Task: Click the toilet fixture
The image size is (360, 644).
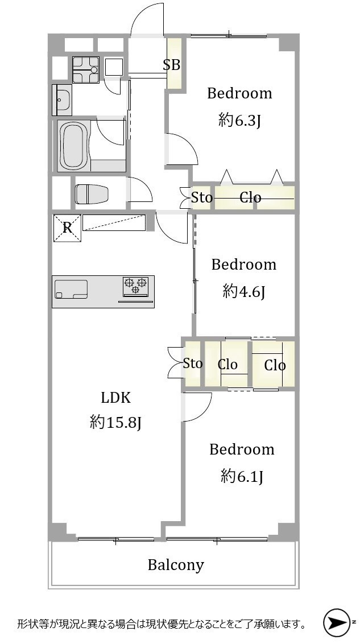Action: point(92,193)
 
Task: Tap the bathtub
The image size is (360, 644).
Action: point(73,146)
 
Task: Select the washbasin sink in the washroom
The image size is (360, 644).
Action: point(61,100)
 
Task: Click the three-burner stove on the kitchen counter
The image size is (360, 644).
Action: point(135,286)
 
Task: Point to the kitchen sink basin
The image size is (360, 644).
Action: point(71,289)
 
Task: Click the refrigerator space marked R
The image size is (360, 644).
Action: point(67,228)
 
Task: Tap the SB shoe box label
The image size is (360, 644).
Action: point(172,65)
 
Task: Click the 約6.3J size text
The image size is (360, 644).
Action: point(240,121)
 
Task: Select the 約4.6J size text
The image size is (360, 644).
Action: point(244,292)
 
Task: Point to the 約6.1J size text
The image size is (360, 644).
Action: point(242,476)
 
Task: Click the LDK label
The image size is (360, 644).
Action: point(116,398)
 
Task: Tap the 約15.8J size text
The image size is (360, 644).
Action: point(116,422)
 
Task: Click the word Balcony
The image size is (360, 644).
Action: point(176,565)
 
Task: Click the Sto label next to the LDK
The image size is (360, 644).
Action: point(193,364)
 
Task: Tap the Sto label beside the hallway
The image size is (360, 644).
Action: point(202,198)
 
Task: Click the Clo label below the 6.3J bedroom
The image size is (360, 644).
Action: point(250,198)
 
